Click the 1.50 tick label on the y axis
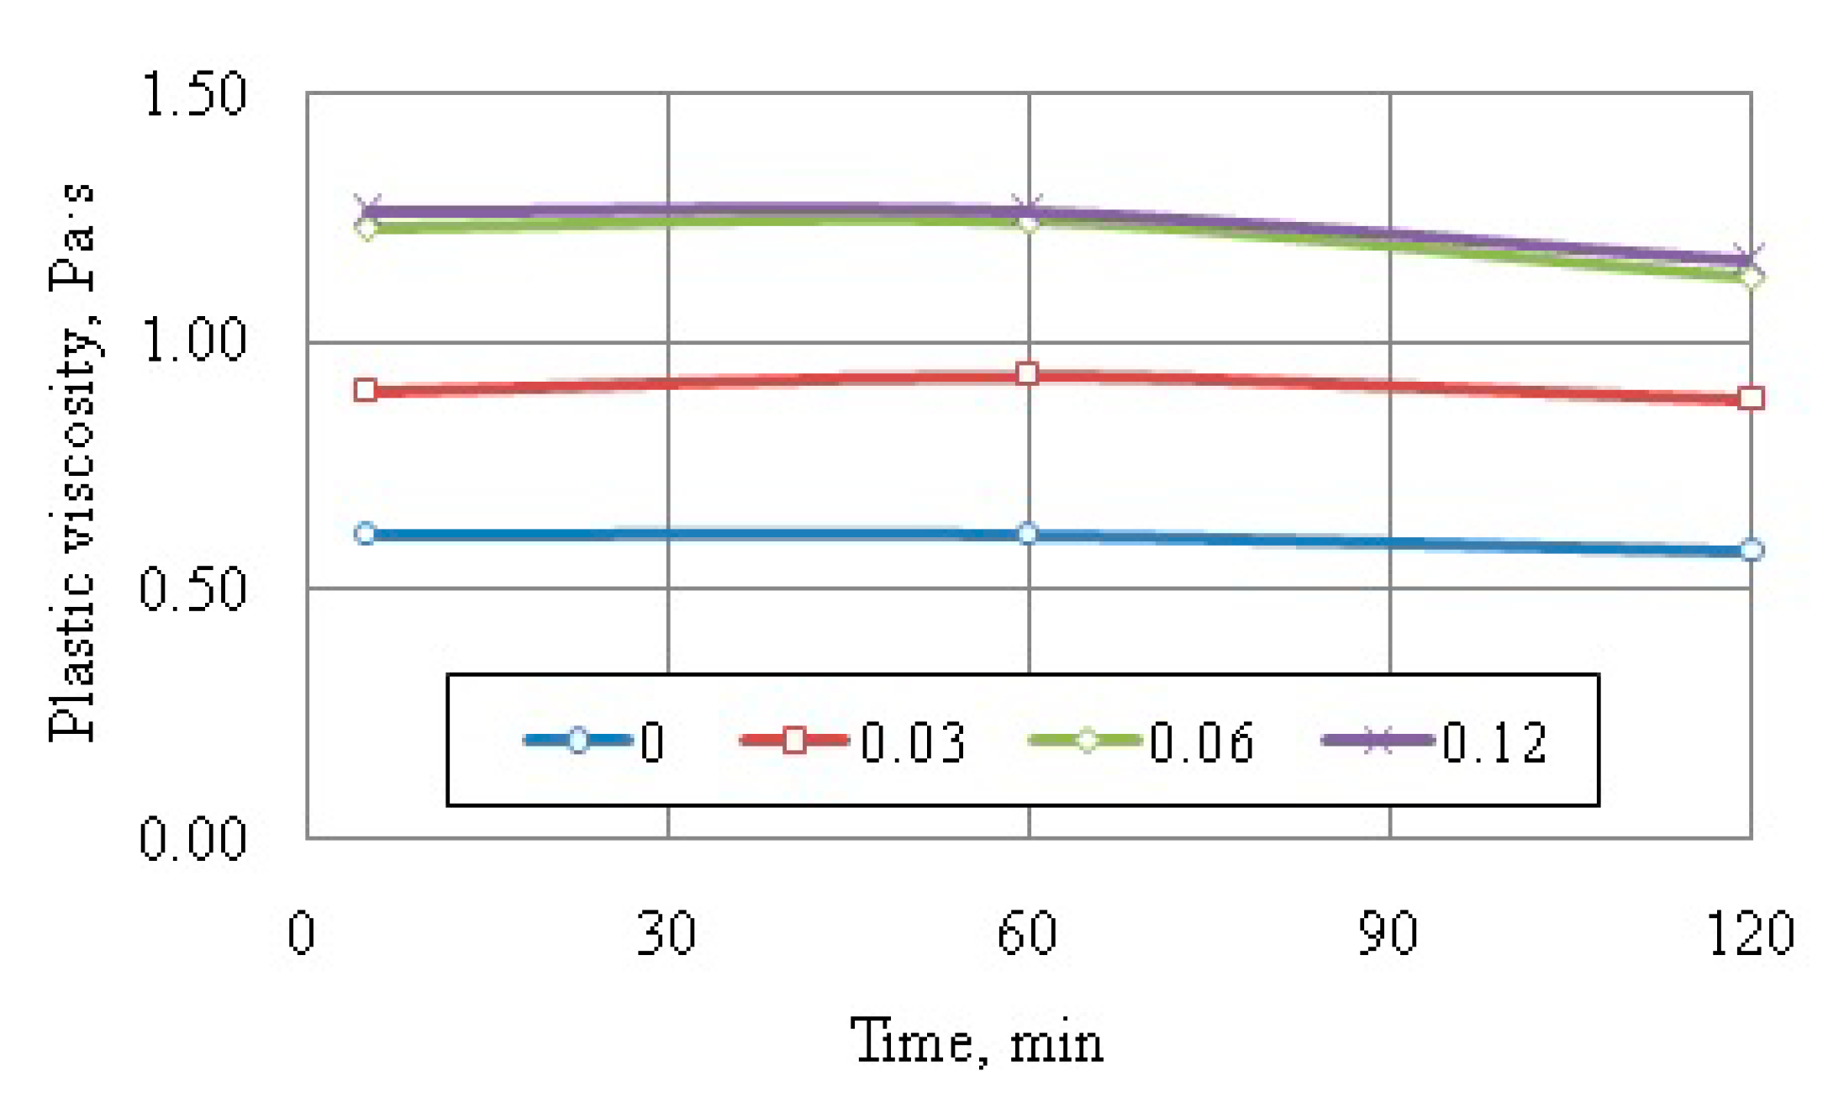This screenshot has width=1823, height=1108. pyautogui.click(x=194, y=94)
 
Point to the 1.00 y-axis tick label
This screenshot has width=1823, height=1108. pyautogui.click(x=194, y=341)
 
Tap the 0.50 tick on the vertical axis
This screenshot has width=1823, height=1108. pyautogui.click(x=192, y=588)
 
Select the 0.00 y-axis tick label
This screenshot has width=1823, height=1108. pyautogui.click(x=192, y=838)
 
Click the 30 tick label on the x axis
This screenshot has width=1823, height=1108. pyautogui.click(x=666, y=933)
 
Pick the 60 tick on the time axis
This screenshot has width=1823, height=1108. pyautogui.click(x=1026, y=933)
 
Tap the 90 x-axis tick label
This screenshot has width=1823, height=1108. pyautogui.click(x=1388, y=933)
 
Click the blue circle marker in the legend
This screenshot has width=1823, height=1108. pyautogui.click(x=578, y=740)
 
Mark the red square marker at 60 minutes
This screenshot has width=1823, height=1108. pyautogui.click(x=1027, y=373)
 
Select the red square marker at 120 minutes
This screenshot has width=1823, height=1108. pyautogui.click(x=1751, y=398)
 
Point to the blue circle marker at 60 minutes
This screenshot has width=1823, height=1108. pyautogui.click(x=1027, y=533)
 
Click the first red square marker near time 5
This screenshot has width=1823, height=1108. pyautogui.click(x=366, y=389)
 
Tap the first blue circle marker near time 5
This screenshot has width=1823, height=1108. pyautogui.click(x=366, y=533)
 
